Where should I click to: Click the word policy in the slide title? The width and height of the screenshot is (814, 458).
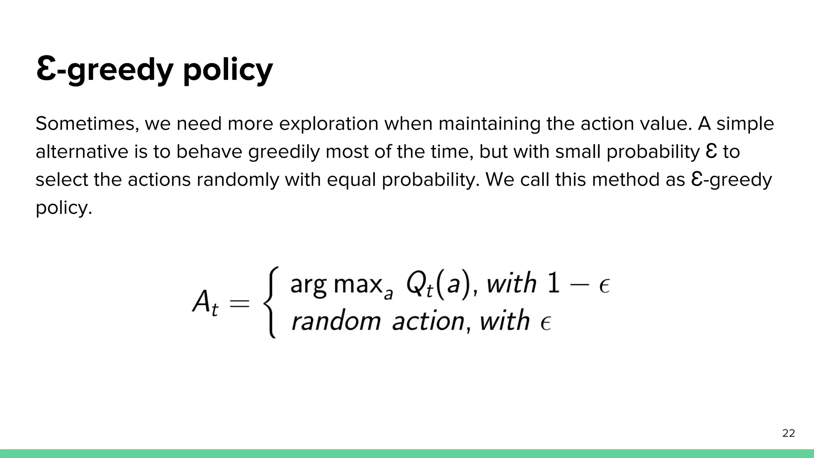coord(228,70)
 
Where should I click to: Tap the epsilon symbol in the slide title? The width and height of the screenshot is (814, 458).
coord(45,68)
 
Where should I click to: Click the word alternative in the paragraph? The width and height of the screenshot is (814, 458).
coord(82,152)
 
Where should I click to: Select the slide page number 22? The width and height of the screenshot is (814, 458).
coord(789,433)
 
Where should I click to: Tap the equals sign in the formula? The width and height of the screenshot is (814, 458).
coord(240,304)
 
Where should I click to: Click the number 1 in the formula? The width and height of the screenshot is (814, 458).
coord(554,284)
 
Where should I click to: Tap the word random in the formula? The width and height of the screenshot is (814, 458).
coord(336,321)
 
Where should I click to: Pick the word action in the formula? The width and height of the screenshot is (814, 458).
coord(428,321)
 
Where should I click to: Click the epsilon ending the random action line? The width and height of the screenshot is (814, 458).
coord(545,323)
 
